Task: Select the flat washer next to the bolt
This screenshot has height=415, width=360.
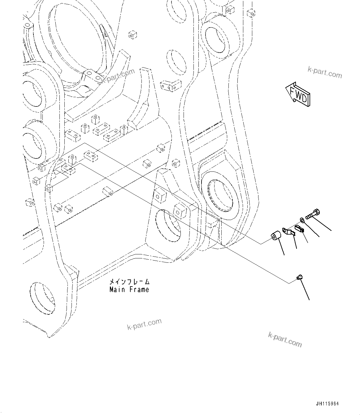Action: (x=302, y=220)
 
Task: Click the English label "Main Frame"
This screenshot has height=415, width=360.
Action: (x=129, y=290)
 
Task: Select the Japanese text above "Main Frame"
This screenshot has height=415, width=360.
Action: (x=129, y=282)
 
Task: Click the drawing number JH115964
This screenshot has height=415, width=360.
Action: (x=327, y=404)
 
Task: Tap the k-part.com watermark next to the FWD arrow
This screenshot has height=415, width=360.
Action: (x=325, y=72)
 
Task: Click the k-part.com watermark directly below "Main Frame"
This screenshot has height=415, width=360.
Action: (x=144, y=324)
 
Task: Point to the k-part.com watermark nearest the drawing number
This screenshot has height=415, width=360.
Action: (x=285, y=339)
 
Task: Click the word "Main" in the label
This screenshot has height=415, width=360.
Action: (x=116, y=290)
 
